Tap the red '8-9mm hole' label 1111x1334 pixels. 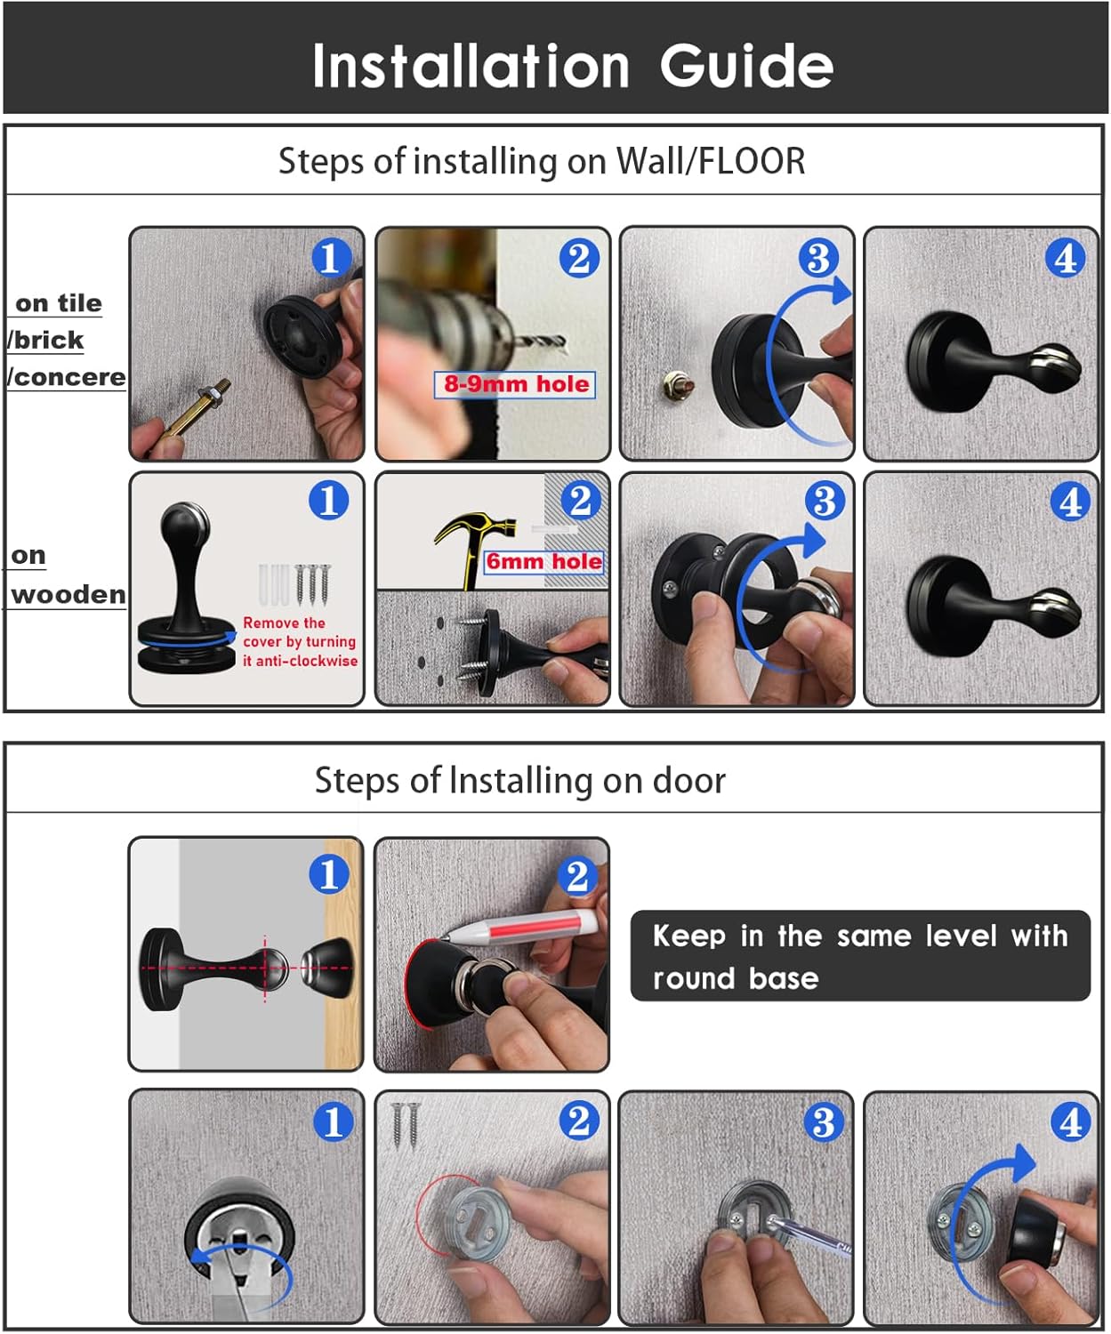coord(515,384)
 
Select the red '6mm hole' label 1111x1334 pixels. coord(544,561)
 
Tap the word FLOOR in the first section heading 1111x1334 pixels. coord(751,161)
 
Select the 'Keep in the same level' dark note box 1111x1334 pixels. coord(860,955)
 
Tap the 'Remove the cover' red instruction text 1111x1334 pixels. coord(299,641)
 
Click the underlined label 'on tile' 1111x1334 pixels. coord(58,303)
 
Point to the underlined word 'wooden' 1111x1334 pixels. coord(68,595)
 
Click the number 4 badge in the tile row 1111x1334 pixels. coord(1065,259)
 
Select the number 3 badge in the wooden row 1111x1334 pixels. coord(825,500)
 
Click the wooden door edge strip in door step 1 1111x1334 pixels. coord(343,954)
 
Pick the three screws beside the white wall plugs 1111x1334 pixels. coord(312,584)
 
